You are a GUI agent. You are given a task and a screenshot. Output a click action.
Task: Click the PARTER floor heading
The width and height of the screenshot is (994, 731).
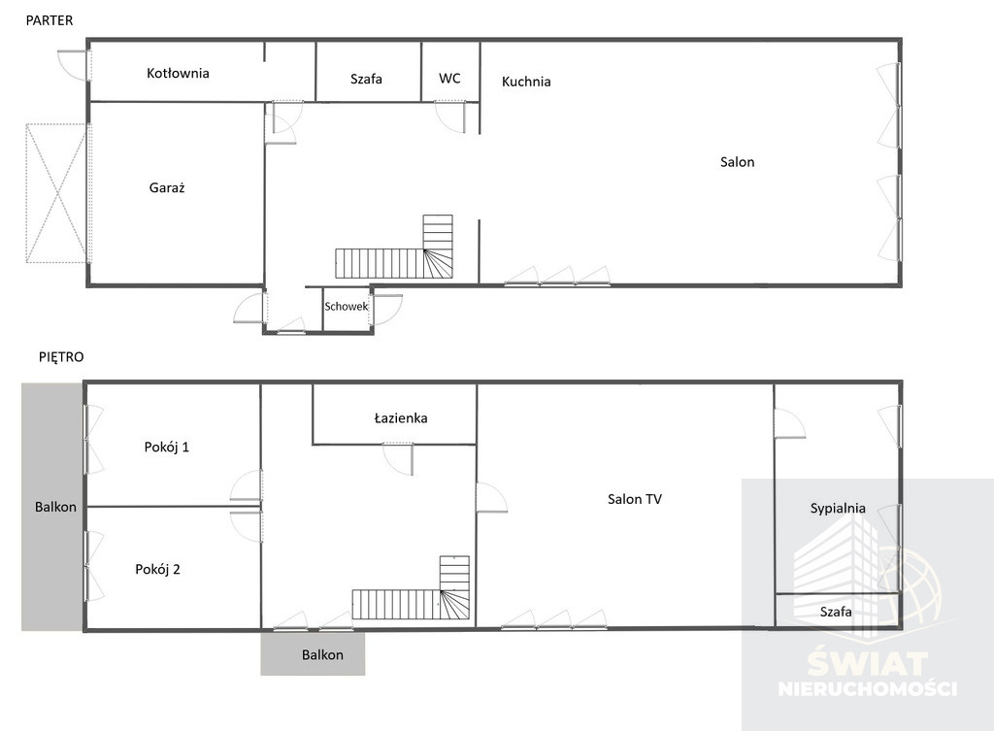(x=50, y=20)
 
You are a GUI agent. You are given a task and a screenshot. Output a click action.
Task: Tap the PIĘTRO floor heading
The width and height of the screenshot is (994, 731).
(x=61, y=357)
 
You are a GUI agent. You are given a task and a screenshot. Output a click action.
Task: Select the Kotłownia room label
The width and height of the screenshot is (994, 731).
(x=178, y=73)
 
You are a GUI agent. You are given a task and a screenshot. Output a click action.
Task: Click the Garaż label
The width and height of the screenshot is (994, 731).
(x=167, y=187)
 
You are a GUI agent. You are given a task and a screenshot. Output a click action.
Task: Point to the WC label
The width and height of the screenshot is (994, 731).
(x=449, y=78)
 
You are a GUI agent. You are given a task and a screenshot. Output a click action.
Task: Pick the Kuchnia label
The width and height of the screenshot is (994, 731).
(x=526, y=82)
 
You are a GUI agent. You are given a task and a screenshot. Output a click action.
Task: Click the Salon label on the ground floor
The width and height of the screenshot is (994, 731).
(x=738, y=162)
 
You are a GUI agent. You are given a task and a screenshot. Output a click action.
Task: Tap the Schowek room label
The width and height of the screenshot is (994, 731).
(x=347, y=306)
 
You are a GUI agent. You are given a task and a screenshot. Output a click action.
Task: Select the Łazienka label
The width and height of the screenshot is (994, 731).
(x=401, y=417)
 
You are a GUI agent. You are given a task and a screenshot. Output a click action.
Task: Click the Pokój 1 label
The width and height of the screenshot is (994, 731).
(x=167, y=447)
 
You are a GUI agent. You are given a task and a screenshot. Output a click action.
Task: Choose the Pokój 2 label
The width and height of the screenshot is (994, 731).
(x=158, y=569)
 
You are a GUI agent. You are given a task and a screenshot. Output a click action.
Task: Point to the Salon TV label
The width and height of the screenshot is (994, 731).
(x=635, y=499)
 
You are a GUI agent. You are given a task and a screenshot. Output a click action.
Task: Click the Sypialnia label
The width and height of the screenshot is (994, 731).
(x=838, y=508)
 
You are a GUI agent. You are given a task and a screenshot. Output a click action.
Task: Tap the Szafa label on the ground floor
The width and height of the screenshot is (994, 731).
(x=366, y=79)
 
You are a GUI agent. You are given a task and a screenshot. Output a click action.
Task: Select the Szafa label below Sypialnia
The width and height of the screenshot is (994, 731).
(x=836, y=612)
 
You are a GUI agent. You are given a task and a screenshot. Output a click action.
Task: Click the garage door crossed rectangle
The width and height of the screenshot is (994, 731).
(x=55, y=193)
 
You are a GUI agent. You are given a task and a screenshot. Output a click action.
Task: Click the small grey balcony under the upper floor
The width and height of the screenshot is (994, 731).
(x=313, y=653)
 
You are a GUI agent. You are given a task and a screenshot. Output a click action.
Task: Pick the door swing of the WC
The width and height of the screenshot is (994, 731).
(x=450, y=117)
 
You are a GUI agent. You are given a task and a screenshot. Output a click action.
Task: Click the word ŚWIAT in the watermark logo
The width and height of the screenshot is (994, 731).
(x=867, y=664)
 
